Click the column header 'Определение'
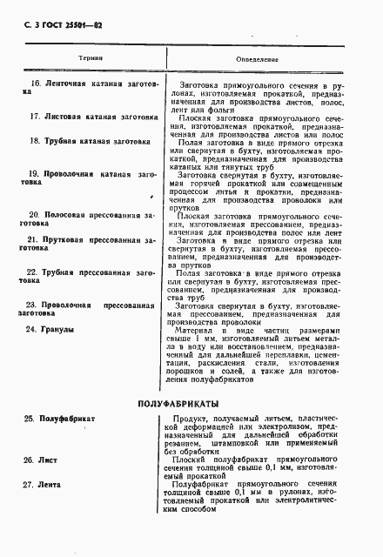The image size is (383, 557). (x=259, y=58)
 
